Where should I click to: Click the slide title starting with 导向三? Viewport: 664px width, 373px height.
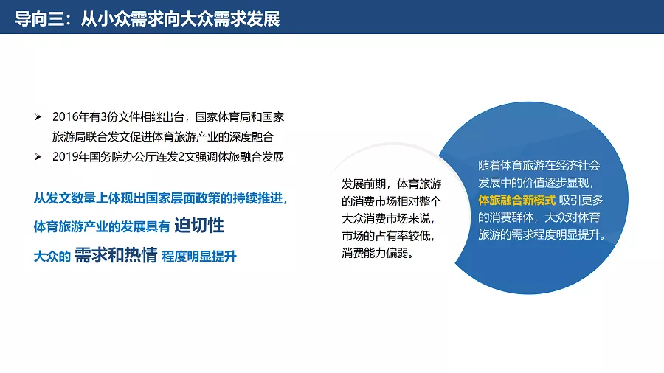coord(147,19)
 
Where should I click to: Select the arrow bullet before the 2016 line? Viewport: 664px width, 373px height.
coord(38,117)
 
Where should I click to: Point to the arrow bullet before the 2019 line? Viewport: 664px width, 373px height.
coord(38,157)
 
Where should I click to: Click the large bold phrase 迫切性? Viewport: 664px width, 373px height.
coord(199,226)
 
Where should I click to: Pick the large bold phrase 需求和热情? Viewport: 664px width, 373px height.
coord(116,255)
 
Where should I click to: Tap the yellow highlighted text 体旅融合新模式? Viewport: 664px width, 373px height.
coord(516,200)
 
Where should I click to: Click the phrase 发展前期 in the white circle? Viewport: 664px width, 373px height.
coord(364,184)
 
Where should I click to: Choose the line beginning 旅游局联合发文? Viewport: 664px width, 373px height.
coord(163,137)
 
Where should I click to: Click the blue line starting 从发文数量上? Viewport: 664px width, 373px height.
coord(161,198)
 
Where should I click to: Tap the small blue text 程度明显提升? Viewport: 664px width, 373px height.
coord(199,257)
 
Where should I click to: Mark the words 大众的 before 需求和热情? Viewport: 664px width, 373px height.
coord(52,257)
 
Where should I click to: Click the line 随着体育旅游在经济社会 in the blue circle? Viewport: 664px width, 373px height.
coord(539,165)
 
